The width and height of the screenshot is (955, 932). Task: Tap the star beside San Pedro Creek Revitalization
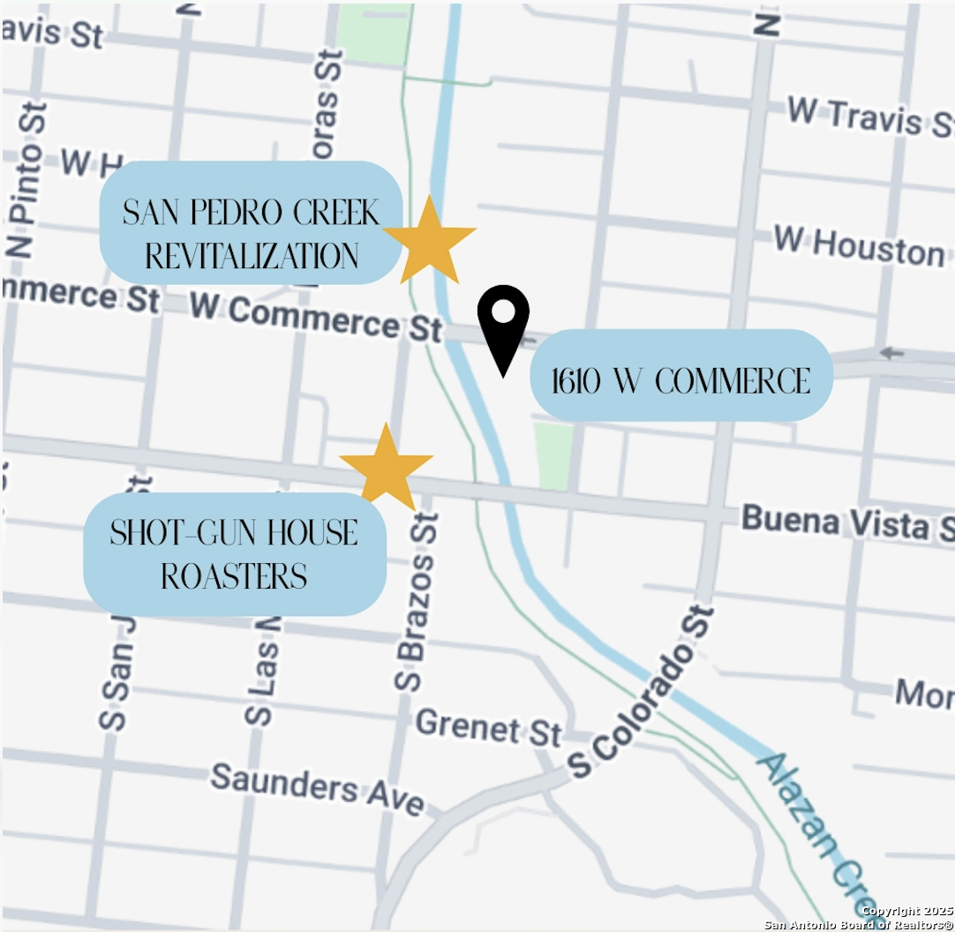pos(429,241)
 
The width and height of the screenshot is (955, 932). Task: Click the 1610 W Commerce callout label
pos(681,381)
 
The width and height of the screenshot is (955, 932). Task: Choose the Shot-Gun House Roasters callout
pos(234,554)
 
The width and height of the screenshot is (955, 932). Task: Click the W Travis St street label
pos(869,120)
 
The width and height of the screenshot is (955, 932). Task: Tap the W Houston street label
pos(858,245)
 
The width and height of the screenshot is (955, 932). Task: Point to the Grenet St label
pos(488,728)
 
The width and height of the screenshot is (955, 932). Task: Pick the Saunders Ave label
pos(317,788)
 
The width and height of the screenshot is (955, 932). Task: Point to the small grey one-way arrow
pos(891,353)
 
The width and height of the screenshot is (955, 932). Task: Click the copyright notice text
pos(860,918)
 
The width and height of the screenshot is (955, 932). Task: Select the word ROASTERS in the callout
pos(234,576)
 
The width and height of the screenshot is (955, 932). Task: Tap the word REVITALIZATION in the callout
pos(252,256)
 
